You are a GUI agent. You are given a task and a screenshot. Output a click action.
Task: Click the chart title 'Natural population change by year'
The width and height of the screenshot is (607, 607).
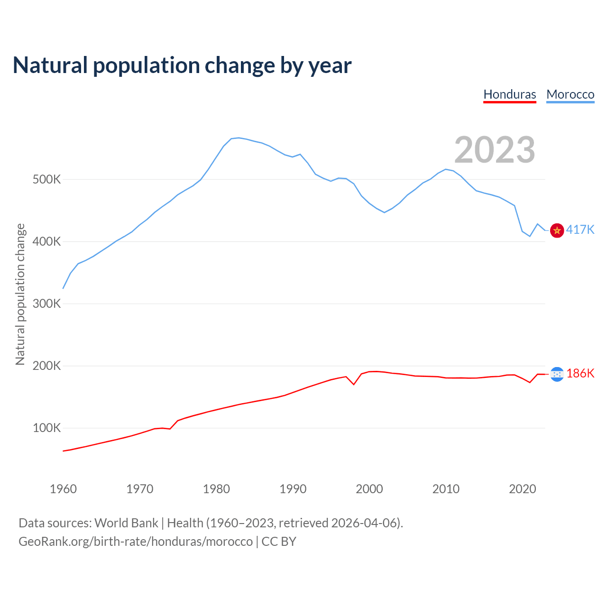(x=182, y=65)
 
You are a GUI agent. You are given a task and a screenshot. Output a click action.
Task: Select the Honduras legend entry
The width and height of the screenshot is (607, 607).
(x=510, y=94)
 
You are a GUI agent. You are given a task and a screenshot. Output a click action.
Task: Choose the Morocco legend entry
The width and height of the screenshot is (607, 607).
(x=570, y=94)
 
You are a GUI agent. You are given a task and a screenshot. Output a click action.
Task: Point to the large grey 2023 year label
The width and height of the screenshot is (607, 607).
(x=495, y=150)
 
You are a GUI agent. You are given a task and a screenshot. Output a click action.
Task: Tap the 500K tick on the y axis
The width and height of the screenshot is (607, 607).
(x=47, y=180)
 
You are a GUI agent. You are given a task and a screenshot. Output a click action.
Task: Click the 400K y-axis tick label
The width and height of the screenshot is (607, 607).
(x=47, y=242)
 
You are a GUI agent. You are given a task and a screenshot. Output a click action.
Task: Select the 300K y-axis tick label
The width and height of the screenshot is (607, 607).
(x=47, y=304)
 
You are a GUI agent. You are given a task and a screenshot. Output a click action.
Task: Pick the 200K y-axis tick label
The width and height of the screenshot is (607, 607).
(x=47, y=366)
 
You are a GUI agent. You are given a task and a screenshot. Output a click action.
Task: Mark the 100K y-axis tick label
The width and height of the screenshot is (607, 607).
(x=47, y=428)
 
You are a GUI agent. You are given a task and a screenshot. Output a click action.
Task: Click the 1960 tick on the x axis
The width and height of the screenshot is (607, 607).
(x=63, y=489)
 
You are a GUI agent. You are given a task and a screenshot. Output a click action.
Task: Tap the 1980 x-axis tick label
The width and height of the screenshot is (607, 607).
(x=216, y=489)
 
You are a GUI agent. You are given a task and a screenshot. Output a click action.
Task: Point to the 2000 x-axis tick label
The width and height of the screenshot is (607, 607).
(x=369, y=489)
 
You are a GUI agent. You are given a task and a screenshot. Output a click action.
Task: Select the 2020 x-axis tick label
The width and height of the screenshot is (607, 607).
(x=522, y=489)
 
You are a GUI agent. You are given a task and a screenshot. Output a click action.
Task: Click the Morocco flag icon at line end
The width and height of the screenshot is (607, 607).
(x=557, y=230)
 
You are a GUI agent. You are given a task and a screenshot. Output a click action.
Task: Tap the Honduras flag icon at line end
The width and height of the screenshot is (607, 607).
(x=557, y=374)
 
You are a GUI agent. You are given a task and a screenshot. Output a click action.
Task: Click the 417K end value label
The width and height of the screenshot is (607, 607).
(x=580, y=230)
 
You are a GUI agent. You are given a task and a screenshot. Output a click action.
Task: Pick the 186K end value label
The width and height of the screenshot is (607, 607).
(x=580, y=374)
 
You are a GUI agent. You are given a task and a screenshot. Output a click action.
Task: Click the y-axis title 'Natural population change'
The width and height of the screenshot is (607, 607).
(x=20, y=294)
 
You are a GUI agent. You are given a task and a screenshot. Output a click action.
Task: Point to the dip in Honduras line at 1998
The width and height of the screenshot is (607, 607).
(x=354, y=384)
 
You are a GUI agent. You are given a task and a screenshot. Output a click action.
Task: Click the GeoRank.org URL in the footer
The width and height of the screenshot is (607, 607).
(x=136, y=542)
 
